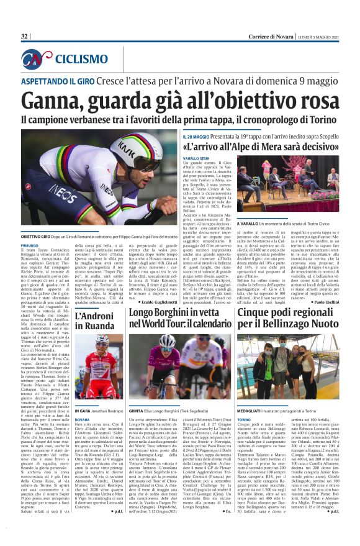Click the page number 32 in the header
tap(25, 37)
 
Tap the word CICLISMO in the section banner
tap(81, 59)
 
